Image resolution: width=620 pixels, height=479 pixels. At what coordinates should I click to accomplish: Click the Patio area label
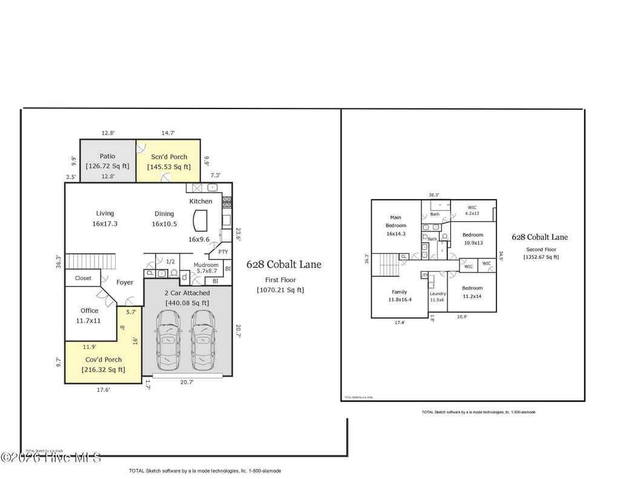point(107,156)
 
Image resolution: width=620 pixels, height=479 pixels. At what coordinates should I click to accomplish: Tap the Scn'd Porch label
point(170,157)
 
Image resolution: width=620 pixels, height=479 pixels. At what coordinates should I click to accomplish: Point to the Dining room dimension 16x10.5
point(163,223)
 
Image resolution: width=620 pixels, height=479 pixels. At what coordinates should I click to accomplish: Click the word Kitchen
point(200,201)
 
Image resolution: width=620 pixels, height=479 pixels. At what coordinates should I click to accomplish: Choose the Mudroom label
point(205,265)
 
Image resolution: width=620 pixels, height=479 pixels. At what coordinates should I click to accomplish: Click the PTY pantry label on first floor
point(223,252)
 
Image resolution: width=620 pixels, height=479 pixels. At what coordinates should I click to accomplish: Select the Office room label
point(90,311)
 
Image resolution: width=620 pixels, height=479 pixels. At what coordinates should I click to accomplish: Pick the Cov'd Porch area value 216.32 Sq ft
point(104,369)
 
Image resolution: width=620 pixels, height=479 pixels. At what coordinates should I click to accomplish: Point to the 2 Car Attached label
point(187,293)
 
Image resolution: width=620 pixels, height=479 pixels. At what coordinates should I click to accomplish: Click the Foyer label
point(125,282)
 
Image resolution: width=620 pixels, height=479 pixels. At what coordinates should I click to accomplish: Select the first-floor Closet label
point(83,278)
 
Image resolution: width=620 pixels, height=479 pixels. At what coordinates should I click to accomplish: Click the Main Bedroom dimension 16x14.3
point(395,233)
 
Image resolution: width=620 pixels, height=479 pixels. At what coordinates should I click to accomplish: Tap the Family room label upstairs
point(399,292)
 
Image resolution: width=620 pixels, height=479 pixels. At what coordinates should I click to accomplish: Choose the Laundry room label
point(437,294)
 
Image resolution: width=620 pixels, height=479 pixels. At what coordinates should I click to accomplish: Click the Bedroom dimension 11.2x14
point(472,297)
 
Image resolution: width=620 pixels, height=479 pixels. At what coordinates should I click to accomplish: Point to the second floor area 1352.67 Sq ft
point(541,257)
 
